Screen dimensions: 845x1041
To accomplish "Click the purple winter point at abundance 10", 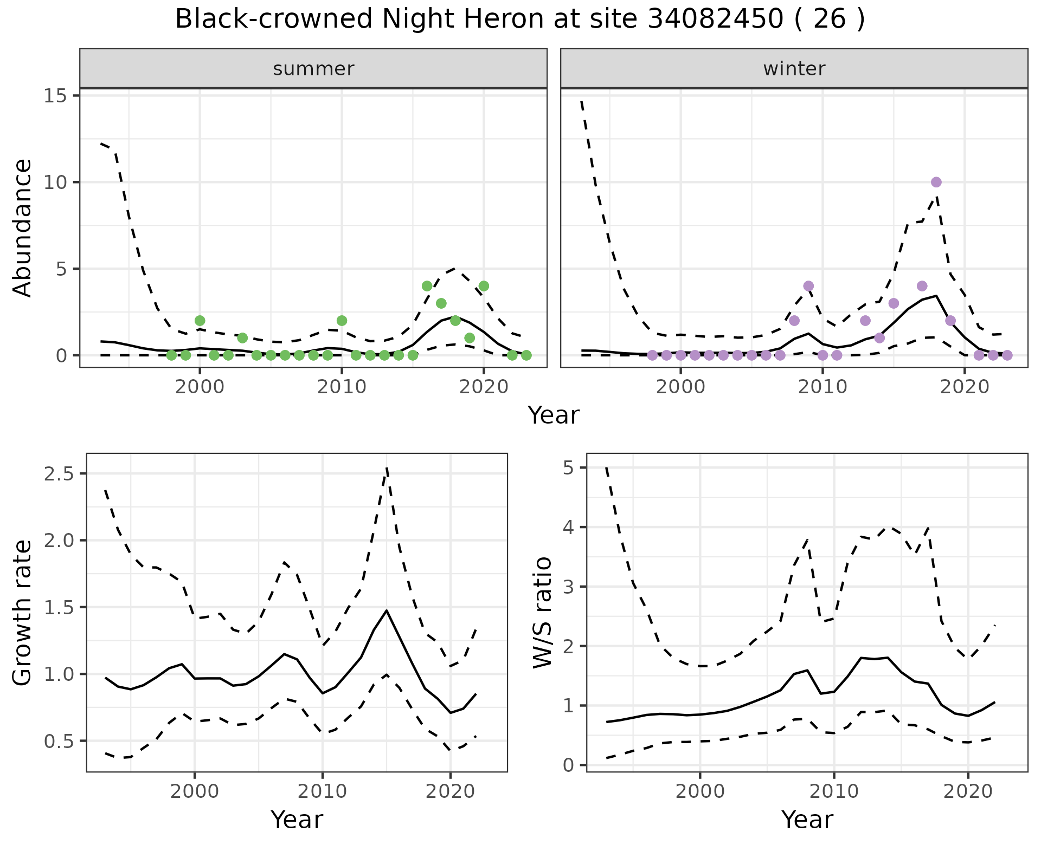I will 936,182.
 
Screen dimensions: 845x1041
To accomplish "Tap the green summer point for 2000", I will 200,321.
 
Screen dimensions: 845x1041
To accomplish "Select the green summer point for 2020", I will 484,286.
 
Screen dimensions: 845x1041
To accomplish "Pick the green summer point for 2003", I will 242,338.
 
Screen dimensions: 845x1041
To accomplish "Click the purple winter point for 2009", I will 808,286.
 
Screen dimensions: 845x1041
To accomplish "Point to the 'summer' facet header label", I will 313,69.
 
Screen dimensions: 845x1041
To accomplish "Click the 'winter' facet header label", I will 794,69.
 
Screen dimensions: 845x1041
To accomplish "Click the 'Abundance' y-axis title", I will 23,227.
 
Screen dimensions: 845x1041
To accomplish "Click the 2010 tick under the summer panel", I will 342,388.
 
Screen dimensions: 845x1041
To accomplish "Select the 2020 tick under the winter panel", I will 965,388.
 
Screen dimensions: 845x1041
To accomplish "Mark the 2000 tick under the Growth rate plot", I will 195,791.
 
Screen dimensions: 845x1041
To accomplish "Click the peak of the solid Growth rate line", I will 387,610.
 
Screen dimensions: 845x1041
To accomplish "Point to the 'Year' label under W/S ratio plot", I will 807,820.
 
